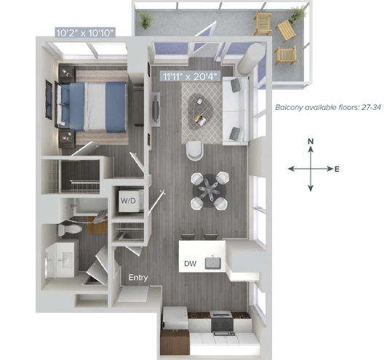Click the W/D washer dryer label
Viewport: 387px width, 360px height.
pos(128,201)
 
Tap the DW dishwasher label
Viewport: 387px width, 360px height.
pos(191,264)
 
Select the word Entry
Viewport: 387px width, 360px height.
pos(138,278)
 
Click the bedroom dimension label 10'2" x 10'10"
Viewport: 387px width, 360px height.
pos(85,33)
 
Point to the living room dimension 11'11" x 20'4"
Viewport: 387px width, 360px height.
pos(191,76)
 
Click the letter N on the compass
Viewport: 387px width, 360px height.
pos(311,141)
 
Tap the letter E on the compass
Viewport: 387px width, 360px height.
pos(337,169)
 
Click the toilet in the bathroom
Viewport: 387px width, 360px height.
pos(70,230)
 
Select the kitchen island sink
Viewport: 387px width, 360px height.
pos(213,263)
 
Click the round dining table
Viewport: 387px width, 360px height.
pos(210,191)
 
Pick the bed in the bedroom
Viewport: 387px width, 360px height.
pos(92,107)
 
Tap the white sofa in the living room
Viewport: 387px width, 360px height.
pos(236,111)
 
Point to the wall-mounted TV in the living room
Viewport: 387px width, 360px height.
pos(156,109)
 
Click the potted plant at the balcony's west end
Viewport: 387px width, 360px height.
pos(145,20)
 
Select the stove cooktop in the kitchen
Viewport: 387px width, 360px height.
pos(222,324)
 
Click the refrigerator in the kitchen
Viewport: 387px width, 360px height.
pos(176,318)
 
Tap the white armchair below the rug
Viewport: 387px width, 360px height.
pos(195,151)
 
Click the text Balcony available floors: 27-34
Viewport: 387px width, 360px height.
pos(328,108)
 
